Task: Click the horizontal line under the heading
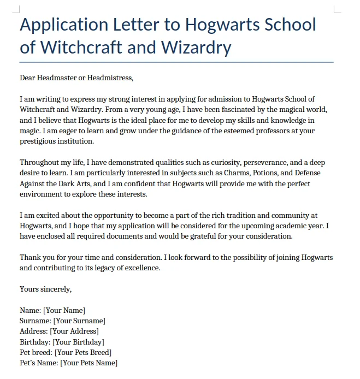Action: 176,62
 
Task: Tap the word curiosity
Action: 222,162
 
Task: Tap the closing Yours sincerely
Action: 46,289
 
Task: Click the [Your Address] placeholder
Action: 74,331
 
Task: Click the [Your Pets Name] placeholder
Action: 88,363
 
